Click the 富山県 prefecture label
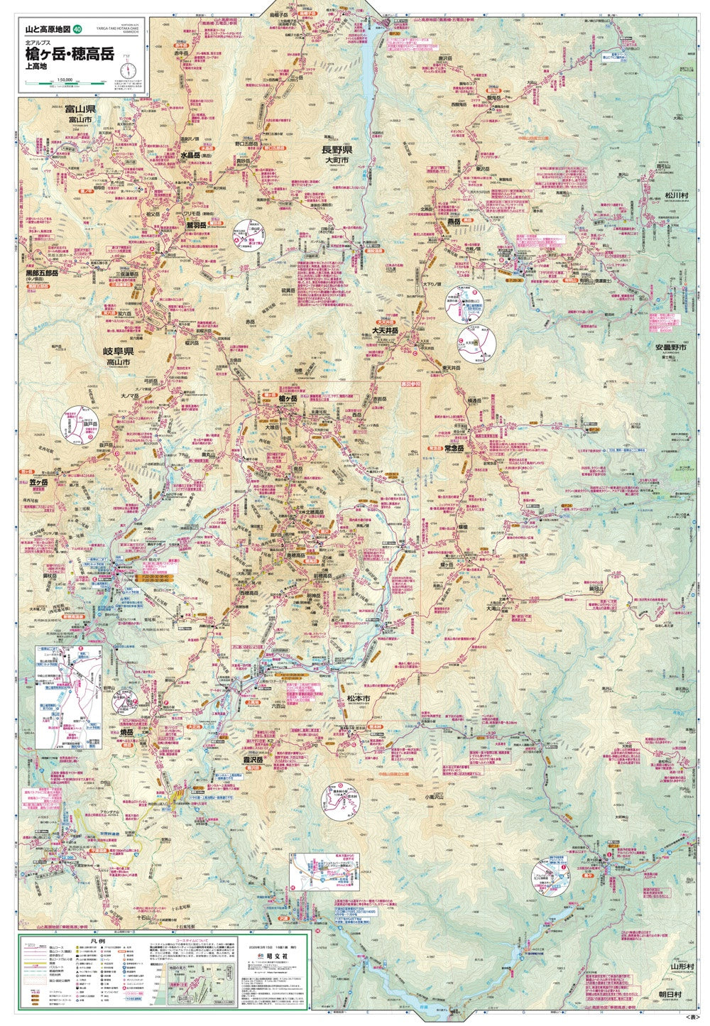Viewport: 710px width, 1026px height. (80, 109)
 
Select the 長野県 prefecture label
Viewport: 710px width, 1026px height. (337, 150)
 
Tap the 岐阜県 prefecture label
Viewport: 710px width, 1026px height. (119, 351)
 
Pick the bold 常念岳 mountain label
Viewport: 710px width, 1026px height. (454, 448)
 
